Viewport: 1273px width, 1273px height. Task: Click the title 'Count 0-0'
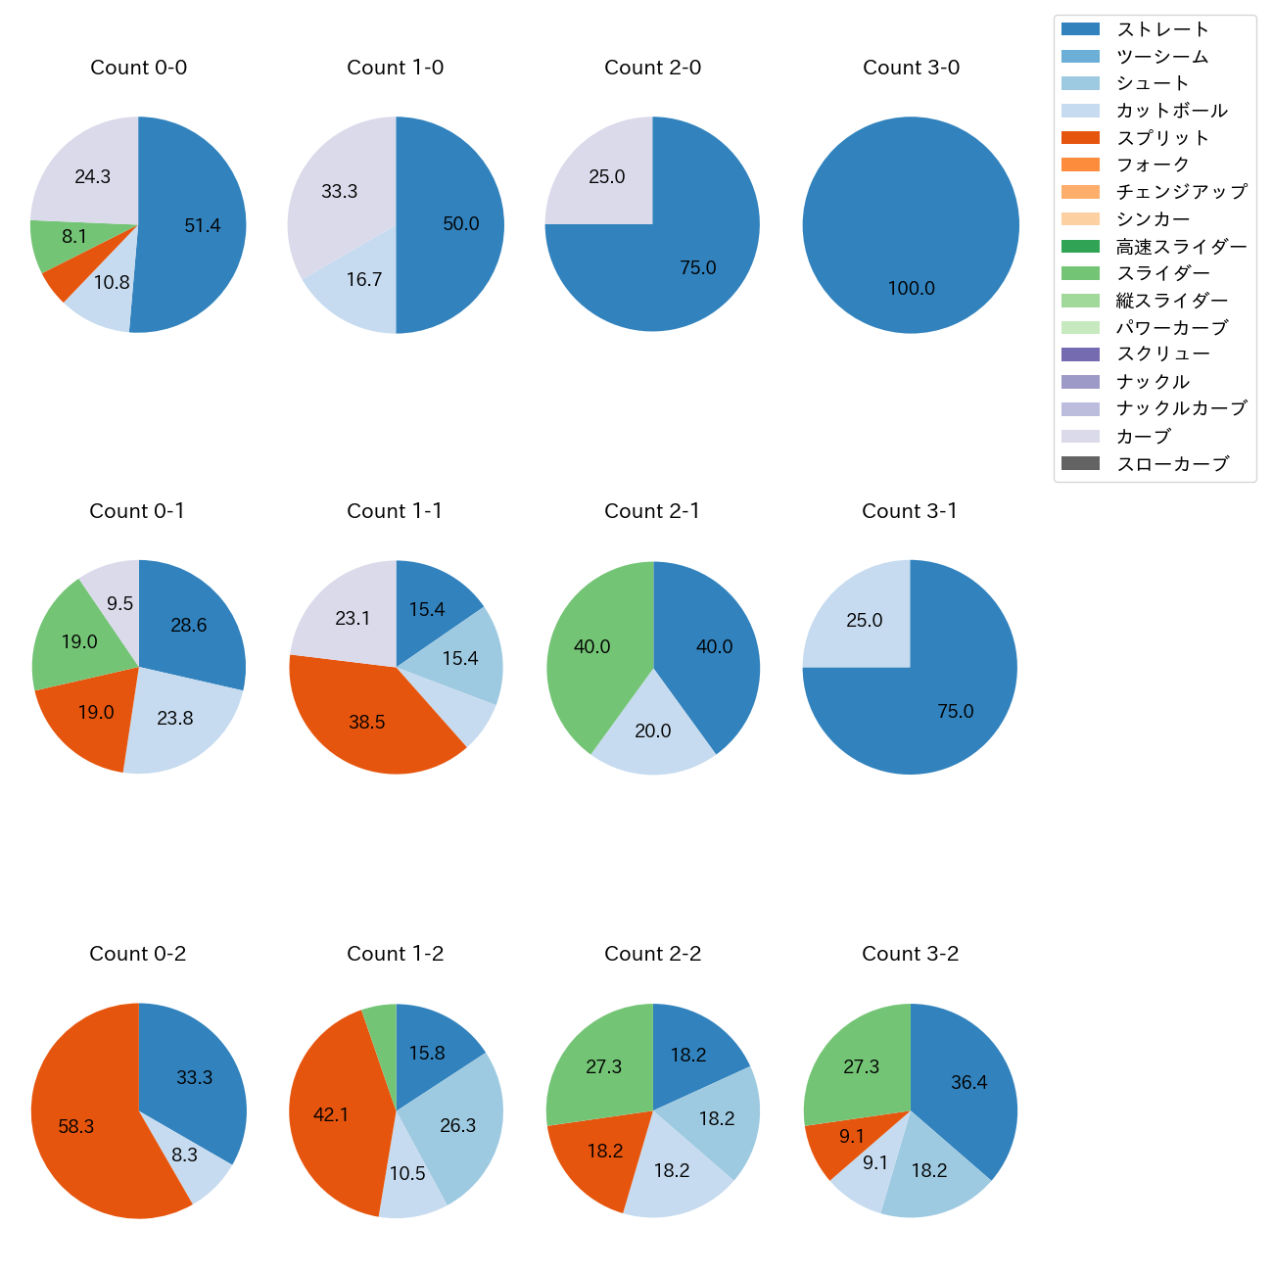click(x=138, y=68)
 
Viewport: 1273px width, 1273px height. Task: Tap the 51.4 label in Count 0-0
click(x=203, y=226)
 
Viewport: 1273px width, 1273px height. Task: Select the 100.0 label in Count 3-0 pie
click(x=911, y=289)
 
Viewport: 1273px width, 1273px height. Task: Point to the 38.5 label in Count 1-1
click(x=367, y=723)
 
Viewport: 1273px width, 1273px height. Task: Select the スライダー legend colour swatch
click(x=1080, y=273)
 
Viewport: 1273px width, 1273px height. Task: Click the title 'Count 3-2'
click(x=910, y=954)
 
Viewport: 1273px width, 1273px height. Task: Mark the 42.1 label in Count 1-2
click(x=331, y=1115)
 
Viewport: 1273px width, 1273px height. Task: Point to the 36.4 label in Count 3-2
click(x=968, y=1083)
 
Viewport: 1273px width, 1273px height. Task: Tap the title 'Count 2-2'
click(x=652, y=954)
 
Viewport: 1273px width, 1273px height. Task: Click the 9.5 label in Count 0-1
click(x=120, y=604)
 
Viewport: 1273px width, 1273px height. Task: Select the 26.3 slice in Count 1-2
click(x=456, y=1126)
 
